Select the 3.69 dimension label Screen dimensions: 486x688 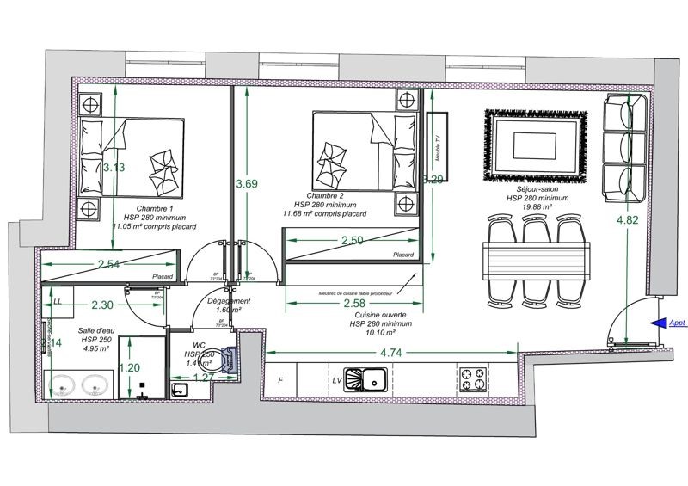pos(247,183)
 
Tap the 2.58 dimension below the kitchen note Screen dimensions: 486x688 pos(354,304)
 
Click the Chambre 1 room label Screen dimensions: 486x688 pos(148,209)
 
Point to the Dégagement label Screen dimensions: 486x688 pos(229,301)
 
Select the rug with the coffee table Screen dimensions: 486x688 pos(538,145)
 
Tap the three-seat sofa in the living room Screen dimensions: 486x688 pos(625,149)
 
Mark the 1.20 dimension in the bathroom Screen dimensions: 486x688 pos(130,368)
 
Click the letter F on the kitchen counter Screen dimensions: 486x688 pos(279,379)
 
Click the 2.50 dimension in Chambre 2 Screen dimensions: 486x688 pos(352,241)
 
